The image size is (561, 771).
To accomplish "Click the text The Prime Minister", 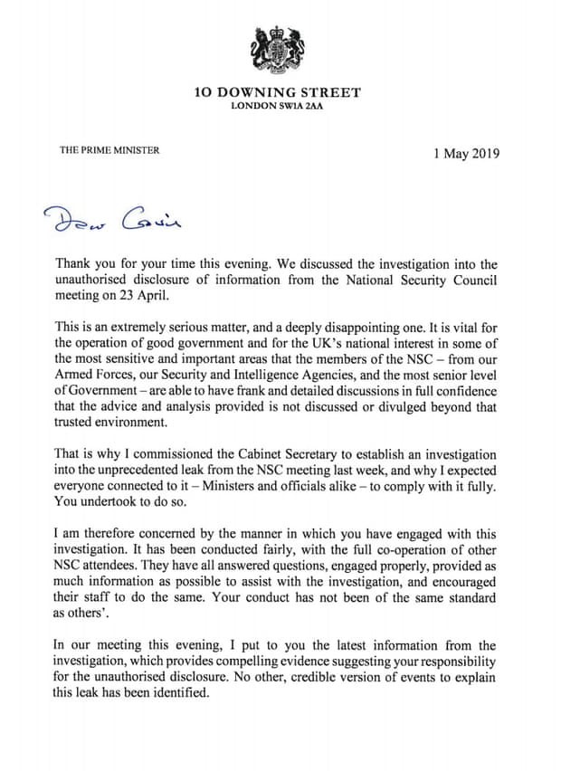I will coord(109,149).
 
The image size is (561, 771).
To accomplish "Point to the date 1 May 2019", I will coord(467,153).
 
